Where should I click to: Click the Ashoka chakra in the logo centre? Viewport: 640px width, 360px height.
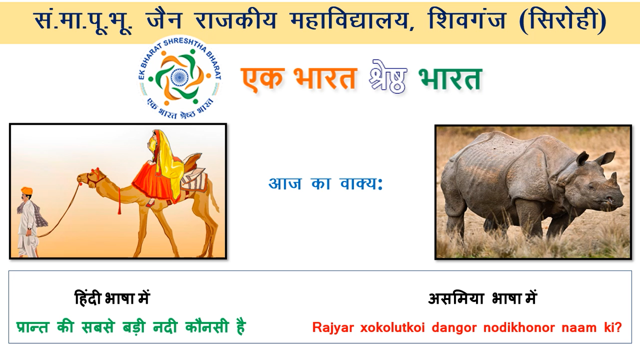tap(179, 76)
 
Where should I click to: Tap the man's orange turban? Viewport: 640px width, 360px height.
tap(27, 191)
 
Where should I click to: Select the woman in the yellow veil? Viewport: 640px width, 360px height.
tap(162, 166)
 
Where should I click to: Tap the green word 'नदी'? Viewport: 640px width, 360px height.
tap(165, 327)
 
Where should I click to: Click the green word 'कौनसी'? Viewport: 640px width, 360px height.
tap(207, 327)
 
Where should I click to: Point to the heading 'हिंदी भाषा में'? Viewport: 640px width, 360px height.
tap(112, 298)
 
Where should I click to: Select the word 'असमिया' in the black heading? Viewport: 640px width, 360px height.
tap(456, 299)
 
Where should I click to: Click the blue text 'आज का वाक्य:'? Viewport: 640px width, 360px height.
tap(326, 183)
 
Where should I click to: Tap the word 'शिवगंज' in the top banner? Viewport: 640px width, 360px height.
tap(467, 20)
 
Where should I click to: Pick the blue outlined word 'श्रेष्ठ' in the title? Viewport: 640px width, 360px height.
tap(387, 77)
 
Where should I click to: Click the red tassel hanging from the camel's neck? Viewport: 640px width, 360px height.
tap(119, 201)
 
